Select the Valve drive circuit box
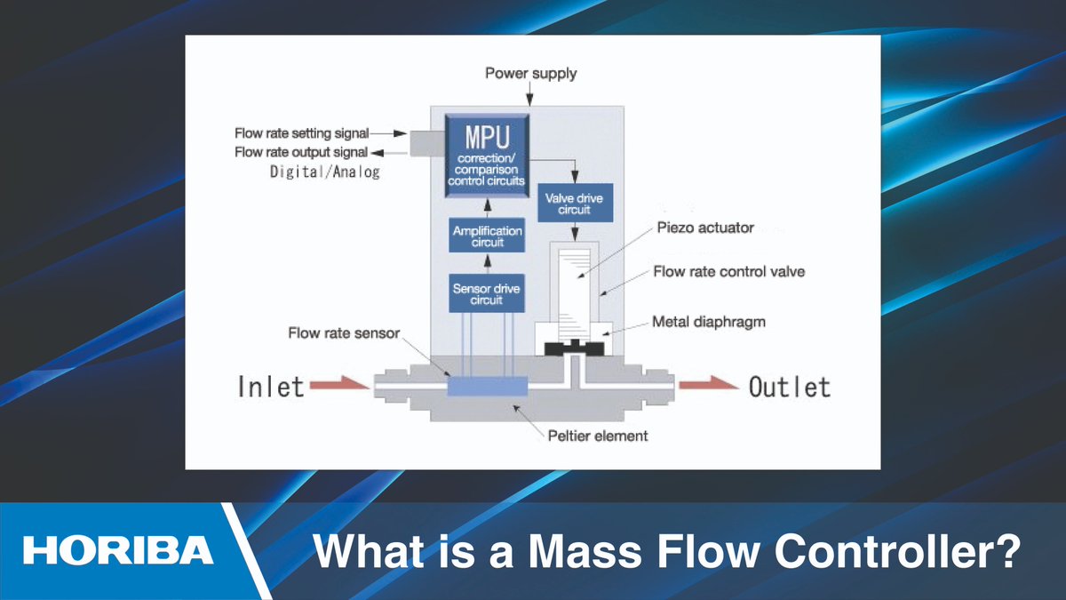pyautogui.click(x=575, y=204)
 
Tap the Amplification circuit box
pyautogui.click(x=487, y=236)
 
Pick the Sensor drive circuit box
pyautogui.click(x=487, y=292)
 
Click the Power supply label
pyautogui.click(x=530, y=73)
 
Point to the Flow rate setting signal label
pyautogui.click(x=301, y=133)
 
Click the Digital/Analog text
pyautogui.click(x=325, y=172)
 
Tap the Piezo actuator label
pyautogui.click(x=705, y=228)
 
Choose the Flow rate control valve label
pyautogui.click(x=728, y=271)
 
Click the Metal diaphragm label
pyautogui.click(x=708, y=321)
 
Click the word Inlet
pyautogui.click(x=270, y=387)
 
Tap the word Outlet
pyautogui.click(x=790, y=387)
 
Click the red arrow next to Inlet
pyautogui.click(x=339, y=386)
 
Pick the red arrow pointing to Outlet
pyautogui.click(x=708, y=386)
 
